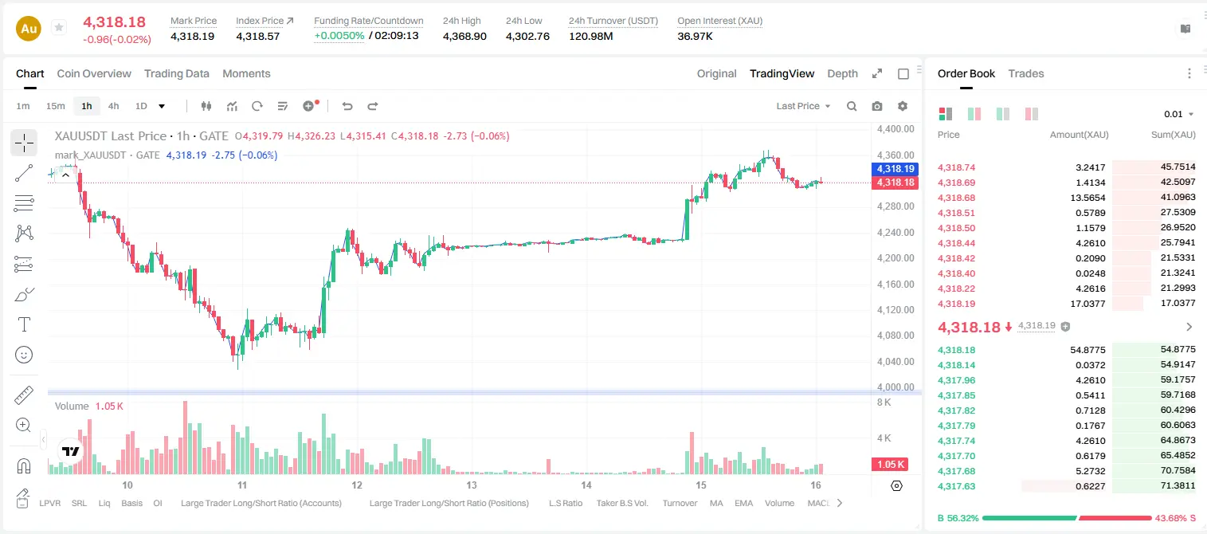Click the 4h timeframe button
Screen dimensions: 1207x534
tap(113, 106)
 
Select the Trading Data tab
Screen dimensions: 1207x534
tap(177, 73)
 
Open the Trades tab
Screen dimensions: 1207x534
tap(1026, 73)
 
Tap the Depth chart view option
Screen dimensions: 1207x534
tap(842, 73)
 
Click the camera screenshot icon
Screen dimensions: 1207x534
tap(877, 106)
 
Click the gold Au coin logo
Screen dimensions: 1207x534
tap(29, 29)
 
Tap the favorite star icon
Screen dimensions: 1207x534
tap(59, 27)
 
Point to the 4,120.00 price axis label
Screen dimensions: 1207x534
tap(895, 310)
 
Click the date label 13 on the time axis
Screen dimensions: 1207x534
tap(472, 485)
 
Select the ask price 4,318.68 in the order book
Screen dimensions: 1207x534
tap(957, 198)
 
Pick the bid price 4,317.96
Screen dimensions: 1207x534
tap(957, 380)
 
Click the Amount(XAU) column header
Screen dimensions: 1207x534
tap(1080, 135)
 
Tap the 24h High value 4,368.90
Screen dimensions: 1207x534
tap(464, 36)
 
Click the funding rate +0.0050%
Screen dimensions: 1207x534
tap(339, 36)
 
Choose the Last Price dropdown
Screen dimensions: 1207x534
tap(803, 106)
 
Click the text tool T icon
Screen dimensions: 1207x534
tap(24, 324)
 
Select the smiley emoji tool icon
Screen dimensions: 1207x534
tap(24, 355)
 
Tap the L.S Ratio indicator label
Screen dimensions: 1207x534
tap(566, 503)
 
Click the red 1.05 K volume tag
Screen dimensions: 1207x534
tap(890, 465)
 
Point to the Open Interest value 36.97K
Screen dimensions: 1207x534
tap(695, 36)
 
